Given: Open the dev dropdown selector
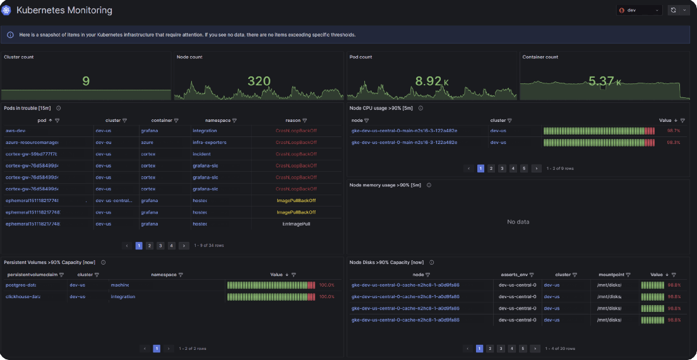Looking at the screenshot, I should click(639, 10).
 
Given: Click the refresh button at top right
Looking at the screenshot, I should click(674, 10).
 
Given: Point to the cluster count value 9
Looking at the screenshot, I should click(86, 81).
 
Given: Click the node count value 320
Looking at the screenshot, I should click(259, 81).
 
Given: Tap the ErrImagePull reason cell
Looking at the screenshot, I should click(296, 224).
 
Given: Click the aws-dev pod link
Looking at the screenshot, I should click(16, 131).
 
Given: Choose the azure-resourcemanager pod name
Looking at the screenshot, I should click(32, 143).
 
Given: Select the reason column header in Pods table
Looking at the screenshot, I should click(292, 120).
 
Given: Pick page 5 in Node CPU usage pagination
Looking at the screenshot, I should click(524, 169).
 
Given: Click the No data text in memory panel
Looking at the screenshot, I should click(518, 222).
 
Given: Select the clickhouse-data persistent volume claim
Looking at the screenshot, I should click(23, 296).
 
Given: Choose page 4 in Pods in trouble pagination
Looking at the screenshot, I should click(171, 246).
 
